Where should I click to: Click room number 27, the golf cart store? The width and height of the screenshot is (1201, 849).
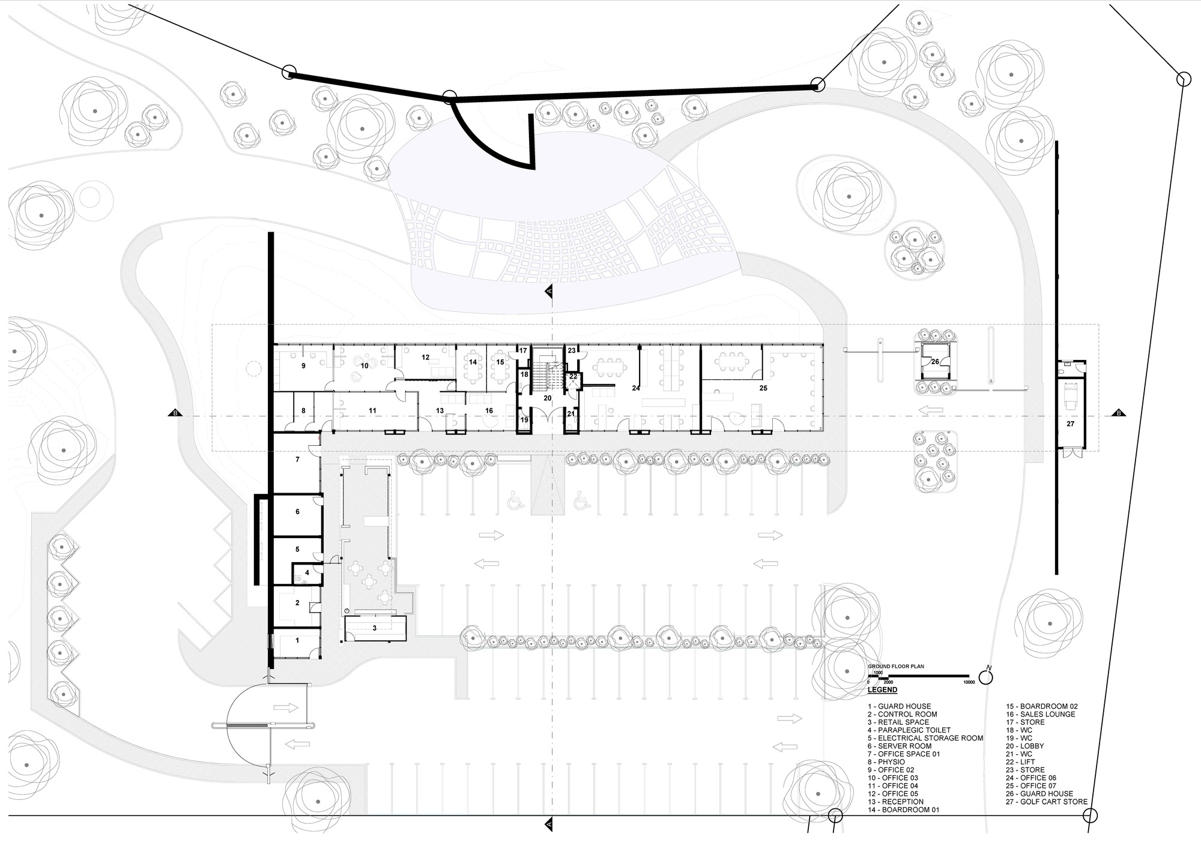click(1070, 424)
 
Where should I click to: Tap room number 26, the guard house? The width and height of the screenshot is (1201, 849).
click(935, 362)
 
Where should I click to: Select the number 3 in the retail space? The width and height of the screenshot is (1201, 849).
click(374, 628)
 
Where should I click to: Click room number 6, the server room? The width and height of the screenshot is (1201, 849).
click(297, 512)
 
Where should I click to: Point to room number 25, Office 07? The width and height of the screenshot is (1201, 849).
click(763, 388)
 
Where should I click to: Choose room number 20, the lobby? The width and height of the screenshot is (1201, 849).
click(547, 398)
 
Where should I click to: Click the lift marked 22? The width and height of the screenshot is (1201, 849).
click(573, 376)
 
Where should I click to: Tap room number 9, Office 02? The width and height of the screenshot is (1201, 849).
click(304, 365)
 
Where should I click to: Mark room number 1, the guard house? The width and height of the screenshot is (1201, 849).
click(297, 641)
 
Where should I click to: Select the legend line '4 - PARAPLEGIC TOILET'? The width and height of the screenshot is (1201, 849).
click(909, 730)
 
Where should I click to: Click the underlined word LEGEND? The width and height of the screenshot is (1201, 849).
click(882, 690)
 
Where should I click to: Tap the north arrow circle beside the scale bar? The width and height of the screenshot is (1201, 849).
click(985, 677)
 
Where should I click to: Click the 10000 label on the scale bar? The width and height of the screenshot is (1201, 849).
click(968, 682)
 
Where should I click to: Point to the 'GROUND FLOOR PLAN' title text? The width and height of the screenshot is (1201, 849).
click(895, 667)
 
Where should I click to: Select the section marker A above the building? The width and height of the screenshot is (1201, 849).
click(549, 291)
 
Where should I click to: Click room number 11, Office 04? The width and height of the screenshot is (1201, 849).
click(372, 410)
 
